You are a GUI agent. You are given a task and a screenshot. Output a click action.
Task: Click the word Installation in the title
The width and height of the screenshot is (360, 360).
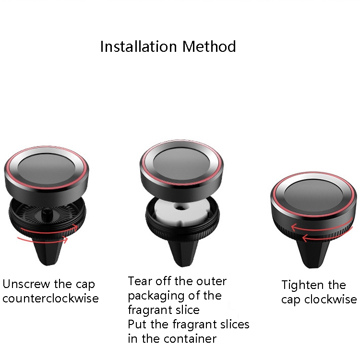(x=138, y=47)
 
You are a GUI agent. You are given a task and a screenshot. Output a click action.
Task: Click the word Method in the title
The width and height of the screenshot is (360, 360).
(x=209, y=47)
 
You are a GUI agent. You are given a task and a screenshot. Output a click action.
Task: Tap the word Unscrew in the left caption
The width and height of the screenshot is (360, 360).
(x=26, y=284)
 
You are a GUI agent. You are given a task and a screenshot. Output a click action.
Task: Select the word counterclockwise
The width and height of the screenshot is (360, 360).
(x=50, y=299)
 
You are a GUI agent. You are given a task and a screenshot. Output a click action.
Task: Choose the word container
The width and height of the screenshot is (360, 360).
(x=191, y=339)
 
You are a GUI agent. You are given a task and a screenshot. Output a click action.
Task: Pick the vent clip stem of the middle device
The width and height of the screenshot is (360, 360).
(x=183, y=253)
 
